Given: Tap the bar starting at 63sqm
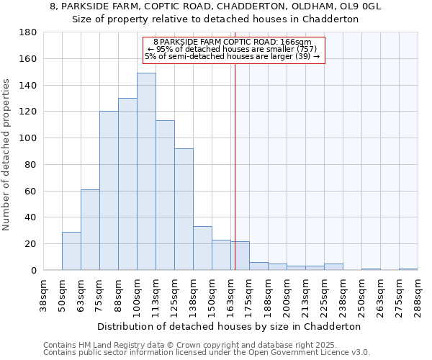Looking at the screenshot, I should (90, 230).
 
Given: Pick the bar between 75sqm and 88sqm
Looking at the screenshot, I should (109, 191).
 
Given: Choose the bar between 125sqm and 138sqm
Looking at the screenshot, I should (184, 209).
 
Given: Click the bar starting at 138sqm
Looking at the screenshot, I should (202, 248).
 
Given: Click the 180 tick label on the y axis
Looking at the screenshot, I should (28, 32).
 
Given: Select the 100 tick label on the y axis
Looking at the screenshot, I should (28, 138).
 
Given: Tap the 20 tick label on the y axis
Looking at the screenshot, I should (31, 244).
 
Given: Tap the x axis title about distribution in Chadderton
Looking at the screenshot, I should (230, 326).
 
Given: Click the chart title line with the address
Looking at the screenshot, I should (215, 6).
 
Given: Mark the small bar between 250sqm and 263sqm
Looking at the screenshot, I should (371, 269).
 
